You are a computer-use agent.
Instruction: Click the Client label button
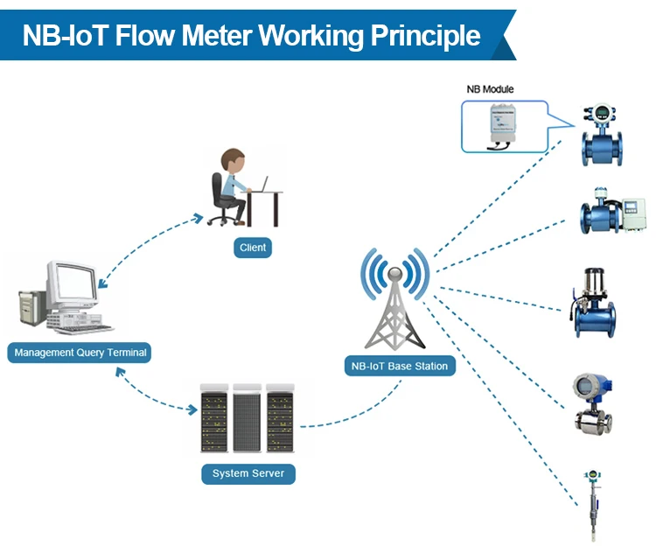pos(253,248)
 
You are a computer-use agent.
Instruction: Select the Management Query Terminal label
pos(79,353)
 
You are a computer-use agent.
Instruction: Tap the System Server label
pos(248,473)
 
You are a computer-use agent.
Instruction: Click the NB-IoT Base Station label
pos(399,366)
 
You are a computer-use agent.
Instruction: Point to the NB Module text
pos(491,89)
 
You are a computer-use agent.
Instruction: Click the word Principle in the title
pos(426,36)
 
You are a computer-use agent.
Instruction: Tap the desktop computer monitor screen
pos(73,283)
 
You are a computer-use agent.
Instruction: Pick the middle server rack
pos(248,416)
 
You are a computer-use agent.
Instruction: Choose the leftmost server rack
pos(214,416)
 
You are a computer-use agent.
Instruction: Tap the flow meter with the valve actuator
pos(595,304)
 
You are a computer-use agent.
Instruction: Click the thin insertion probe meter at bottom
pos(593,505)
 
